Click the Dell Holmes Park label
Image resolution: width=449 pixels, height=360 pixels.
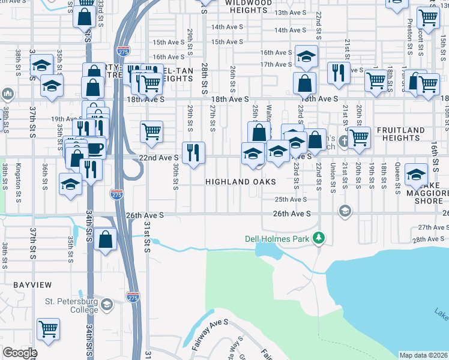click(277, 239)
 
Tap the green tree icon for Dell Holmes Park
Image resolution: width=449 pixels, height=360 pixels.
click(320, 239)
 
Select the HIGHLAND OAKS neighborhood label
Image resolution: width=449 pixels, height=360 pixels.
click(241, 182)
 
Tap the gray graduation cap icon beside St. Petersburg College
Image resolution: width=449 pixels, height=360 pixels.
click(107, 305)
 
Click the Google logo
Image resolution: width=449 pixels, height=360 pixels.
click(19, 353)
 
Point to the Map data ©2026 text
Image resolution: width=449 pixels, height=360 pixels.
click(423, 355)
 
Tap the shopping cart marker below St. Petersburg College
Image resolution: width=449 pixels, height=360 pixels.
click(48, 328)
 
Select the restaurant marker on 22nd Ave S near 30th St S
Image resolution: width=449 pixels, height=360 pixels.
click(193, 153)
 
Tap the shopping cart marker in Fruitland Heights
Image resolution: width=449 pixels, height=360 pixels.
click(359, 137)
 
